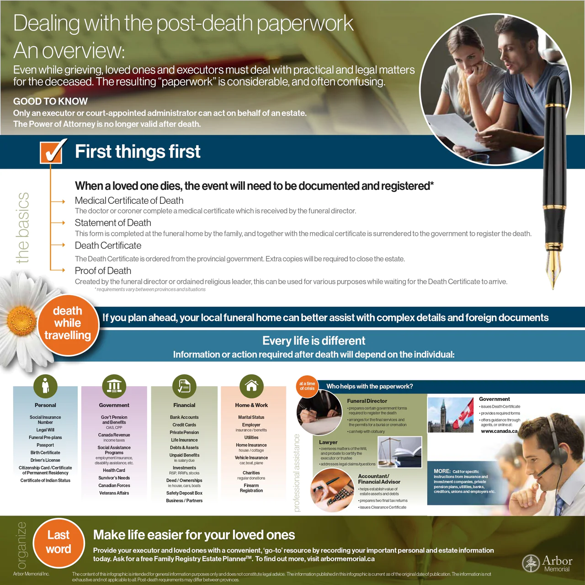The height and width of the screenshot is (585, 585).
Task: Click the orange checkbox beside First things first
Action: click(52, 153)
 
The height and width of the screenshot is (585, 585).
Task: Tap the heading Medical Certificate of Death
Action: click(129, 201)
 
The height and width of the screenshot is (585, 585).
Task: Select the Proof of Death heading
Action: click(103, 271)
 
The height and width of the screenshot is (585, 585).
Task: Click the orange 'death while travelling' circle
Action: click(68, 323)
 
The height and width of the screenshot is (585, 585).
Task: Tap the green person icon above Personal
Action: click(45, 386)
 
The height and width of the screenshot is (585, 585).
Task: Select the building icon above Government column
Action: click(114, 386)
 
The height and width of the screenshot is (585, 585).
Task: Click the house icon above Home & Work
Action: click(251, 386)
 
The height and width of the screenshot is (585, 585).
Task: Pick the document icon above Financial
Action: click(184, 386)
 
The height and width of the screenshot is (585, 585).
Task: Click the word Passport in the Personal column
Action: click(45, 445)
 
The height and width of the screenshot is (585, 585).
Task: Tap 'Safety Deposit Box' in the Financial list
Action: click(184, 493)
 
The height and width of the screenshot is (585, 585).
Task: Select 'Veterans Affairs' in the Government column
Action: click(114, 493)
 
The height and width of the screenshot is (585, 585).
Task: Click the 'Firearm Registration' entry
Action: click(251, 488)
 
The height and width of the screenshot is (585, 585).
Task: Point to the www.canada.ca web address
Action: click(499, 431)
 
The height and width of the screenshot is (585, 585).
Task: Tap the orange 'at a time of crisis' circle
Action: click(307, 386)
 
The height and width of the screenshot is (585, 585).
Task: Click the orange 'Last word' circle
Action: click(58, 542)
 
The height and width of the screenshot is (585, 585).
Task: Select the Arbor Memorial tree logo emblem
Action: click(531, 564)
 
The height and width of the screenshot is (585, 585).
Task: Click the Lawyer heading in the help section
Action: click(328, 442)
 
